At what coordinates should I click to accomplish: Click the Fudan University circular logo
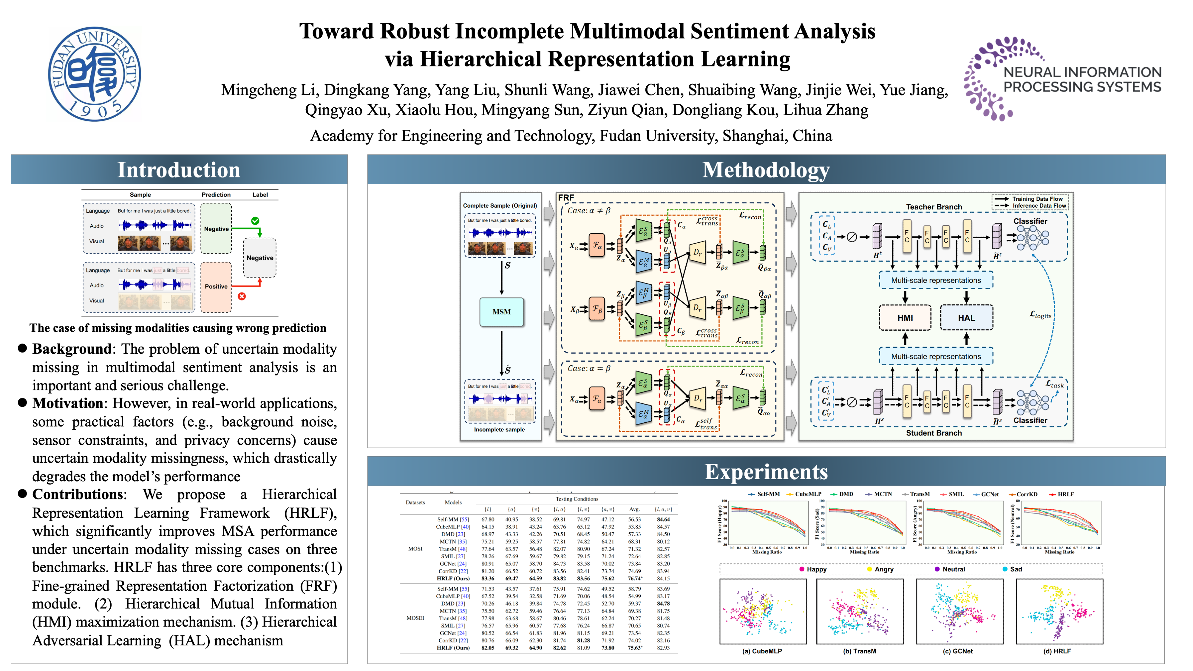click(x=95, y=74)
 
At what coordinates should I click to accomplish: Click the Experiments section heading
click(x=766, y=472)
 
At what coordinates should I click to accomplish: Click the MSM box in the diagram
click(x=502, y=312)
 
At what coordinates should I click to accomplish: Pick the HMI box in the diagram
click(x=905, y=318)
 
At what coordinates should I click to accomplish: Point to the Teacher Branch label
click(x=934, y=207)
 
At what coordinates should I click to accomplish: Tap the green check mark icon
click(x=255, y=221)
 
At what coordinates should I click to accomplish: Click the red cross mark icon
click(x=242, y=296)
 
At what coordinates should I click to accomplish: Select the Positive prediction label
click(x=216, y=287)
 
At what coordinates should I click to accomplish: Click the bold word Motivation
click(x=68, y=403)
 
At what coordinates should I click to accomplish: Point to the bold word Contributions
click(x=78, y=494)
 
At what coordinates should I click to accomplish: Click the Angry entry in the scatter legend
click(x=884, y=569)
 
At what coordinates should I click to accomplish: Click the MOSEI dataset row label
click(x=415, y=618)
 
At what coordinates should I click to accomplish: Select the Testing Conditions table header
click(x=577, y=499)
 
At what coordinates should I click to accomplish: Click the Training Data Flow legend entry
click(x=1037, y=199)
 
